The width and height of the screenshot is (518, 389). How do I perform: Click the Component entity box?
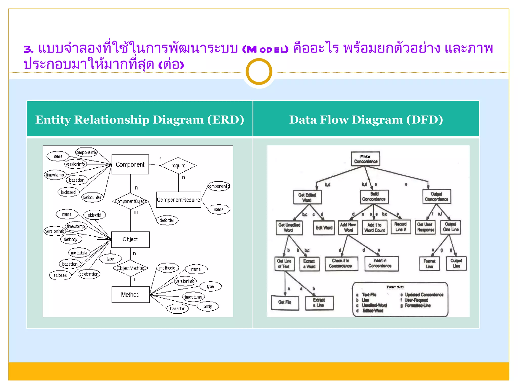pyautogui.click(x=130, y=164)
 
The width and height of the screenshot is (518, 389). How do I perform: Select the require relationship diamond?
pyautogui.click(x=178, y=166)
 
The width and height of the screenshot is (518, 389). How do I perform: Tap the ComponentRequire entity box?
pyautogui.click(x=178, y=200)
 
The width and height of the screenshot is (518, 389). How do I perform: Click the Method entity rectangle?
pyautogui.click(x=130, y=295)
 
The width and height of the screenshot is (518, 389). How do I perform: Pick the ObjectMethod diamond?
pyautogui.click(x=131, y=268)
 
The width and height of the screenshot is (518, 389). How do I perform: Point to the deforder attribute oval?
pyautogui.click(x=167, y=220)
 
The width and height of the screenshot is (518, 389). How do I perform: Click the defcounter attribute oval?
pyautogui.click(x=92, y=197)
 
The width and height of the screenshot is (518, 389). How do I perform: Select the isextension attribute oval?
pyautogui.click(x=89, y=274)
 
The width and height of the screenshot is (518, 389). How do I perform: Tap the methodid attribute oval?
pyautogui.click(x=167, y=268)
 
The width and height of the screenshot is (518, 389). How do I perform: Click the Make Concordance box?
pyautogui.click(x=365, y=159)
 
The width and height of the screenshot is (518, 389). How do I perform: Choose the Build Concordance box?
pyautogui.click(x=374, y=197)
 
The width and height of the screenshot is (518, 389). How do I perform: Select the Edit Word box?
pyautogui.click(x=324, y=228)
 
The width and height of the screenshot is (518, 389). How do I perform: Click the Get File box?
pyautogui.click(x=285, y=302)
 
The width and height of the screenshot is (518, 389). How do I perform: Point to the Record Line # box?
pyautogui.click(x=400, y=227)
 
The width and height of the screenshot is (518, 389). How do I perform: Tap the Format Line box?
pyautogui.click(x=429, y=264)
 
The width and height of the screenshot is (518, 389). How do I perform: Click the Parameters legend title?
pyautogui.click(x=395, y=287)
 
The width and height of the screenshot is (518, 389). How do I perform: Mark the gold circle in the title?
pyautogui.click(x=259, y=72)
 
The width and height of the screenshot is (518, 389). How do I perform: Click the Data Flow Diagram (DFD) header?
pyautogui.click(x=366, y=120)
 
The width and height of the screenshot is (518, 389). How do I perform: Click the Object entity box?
pyautogui.click(x=130, y=239)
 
